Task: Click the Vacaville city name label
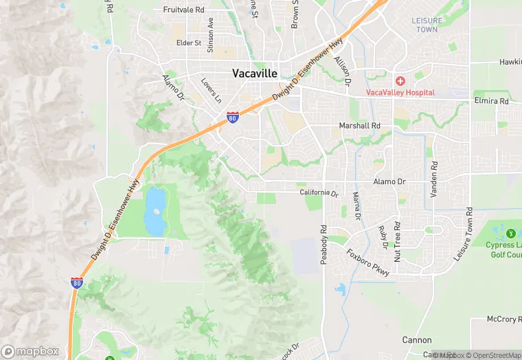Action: pos(255,73)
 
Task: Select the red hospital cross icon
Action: pos(400,81)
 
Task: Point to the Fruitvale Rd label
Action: pos(184,10)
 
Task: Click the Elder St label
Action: pos(188,43)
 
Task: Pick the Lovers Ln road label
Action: pos(211,90)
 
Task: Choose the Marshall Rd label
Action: pos(359,126)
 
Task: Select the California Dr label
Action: pos(319,193)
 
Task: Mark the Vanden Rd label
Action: pos(433,180)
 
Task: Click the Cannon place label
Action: pos(417,340)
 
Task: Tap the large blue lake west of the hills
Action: pos(155,210)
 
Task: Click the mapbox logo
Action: pos(31,350)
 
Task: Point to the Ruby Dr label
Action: pos(383,236)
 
